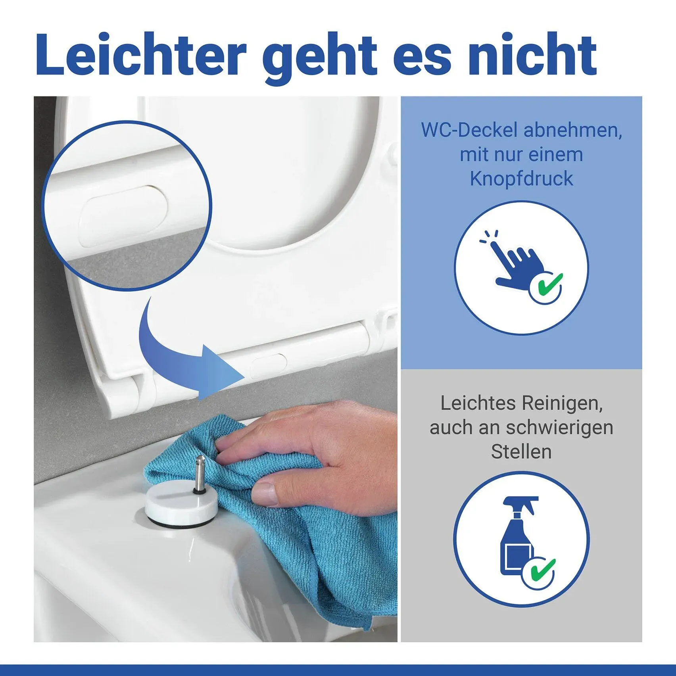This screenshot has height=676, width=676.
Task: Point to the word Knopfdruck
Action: pos(521,179)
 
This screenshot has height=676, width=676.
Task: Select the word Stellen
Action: pos(521,452)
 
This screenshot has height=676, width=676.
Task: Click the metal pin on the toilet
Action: pos(198,474)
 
